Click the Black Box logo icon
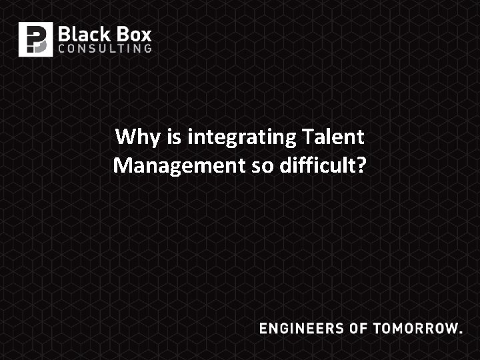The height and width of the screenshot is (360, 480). [x=35, y=39]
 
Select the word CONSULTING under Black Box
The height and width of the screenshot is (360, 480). [x=105, y=49]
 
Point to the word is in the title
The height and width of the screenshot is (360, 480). [x=175, y=137]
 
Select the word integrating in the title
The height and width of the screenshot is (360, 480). [x=242, y=138]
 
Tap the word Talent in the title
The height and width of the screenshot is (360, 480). [x=333, y=137]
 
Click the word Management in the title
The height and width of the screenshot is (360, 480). [x=179, y=165]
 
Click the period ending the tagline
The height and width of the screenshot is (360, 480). [x=460, y=332]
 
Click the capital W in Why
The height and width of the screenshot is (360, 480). [x=125, y=137]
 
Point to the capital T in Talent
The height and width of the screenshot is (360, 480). [x=307, y=137]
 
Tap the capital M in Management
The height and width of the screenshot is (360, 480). [x=122, y=165]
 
